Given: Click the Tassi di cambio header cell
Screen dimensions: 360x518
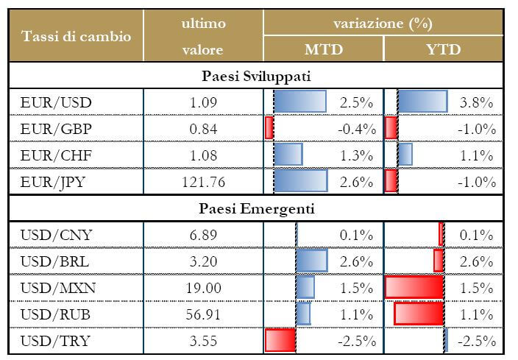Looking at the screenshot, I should [77, 37].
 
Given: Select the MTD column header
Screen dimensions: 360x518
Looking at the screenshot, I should [323, 50].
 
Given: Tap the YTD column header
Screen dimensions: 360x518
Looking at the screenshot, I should [444, 50].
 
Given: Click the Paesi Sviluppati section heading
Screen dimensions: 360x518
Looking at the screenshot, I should [257, 76].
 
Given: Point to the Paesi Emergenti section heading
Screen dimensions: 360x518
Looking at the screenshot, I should [257, 209].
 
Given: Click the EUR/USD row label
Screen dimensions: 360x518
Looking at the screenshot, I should [56, 102].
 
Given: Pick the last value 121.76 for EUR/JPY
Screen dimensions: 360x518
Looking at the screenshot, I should [202, 181].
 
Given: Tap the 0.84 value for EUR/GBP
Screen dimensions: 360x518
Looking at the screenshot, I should [202, 129].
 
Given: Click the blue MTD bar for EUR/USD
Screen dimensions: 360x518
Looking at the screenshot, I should [300, 102].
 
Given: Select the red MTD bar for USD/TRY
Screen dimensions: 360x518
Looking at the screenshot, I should [280, 340].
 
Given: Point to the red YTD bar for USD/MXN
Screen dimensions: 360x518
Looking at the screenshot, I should [414, 287].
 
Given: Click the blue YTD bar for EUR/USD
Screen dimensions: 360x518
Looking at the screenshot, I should [422, 102].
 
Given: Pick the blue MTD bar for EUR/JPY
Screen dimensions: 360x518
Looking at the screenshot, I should [300, 181].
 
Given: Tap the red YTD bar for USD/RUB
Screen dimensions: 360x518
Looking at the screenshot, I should [419, 314].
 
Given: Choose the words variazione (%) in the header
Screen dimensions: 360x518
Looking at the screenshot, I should [382, 24].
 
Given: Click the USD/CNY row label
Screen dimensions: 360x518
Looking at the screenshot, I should [56, 235].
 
